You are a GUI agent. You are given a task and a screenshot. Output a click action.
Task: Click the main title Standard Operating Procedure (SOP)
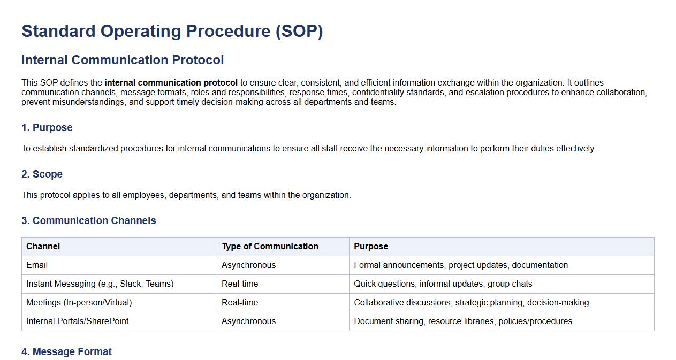[x=172, y=31]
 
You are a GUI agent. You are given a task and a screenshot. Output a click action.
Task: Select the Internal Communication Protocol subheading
[x=123, y=60]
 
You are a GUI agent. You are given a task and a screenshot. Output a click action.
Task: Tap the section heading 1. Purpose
[x=47, y=127]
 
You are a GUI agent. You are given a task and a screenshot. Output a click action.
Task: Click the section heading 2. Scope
[x=42, y=174]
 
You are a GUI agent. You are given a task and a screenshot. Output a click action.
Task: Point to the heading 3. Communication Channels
[x=89, y=220]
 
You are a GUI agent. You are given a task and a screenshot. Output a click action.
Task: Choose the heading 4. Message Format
[x=66, y=351]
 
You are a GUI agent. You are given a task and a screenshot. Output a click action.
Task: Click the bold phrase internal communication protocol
[x=171, y=82]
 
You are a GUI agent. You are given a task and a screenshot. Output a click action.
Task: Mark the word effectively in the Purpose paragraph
[x=576, y=149]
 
